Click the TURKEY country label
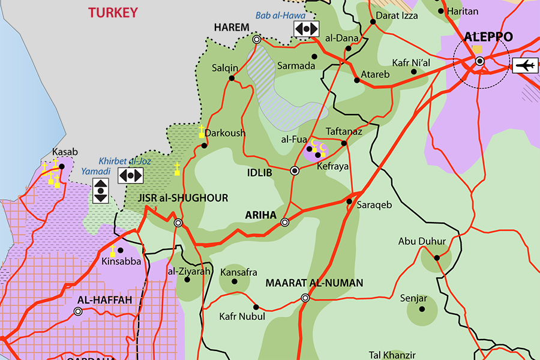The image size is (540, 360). (x=113, y=12)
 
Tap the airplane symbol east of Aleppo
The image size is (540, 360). (x=525, y=65)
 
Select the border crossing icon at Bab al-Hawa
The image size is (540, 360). (x=306, y=29)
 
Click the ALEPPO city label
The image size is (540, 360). (x=488, y=37)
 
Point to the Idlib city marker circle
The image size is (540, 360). (x=295, y=171)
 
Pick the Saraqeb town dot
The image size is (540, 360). (x=349, y=202)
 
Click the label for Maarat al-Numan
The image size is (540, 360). (x=314, y=283)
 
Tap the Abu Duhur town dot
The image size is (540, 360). (x=437, y=258)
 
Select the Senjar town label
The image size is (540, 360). (x=413, y=298)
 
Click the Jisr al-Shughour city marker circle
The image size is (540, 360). (x=178, y=223)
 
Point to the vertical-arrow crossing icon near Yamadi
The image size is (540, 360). (x=101, y=191)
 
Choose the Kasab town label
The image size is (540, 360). (x=65, y=152)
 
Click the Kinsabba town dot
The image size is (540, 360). (x=120, y=250)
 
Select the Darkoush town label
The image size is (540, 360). (x=225, y=133)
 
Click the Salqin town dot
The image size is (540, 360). (x=232, y=78)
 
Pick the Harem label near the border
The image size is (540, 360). (x=231, y=28)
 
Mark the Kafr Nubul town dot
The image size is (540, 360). (x=256, y=307)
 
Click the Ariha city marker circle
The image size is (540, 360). (x=285, y=223)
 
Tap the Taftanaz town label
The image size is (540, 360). (x=344, y=131)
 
